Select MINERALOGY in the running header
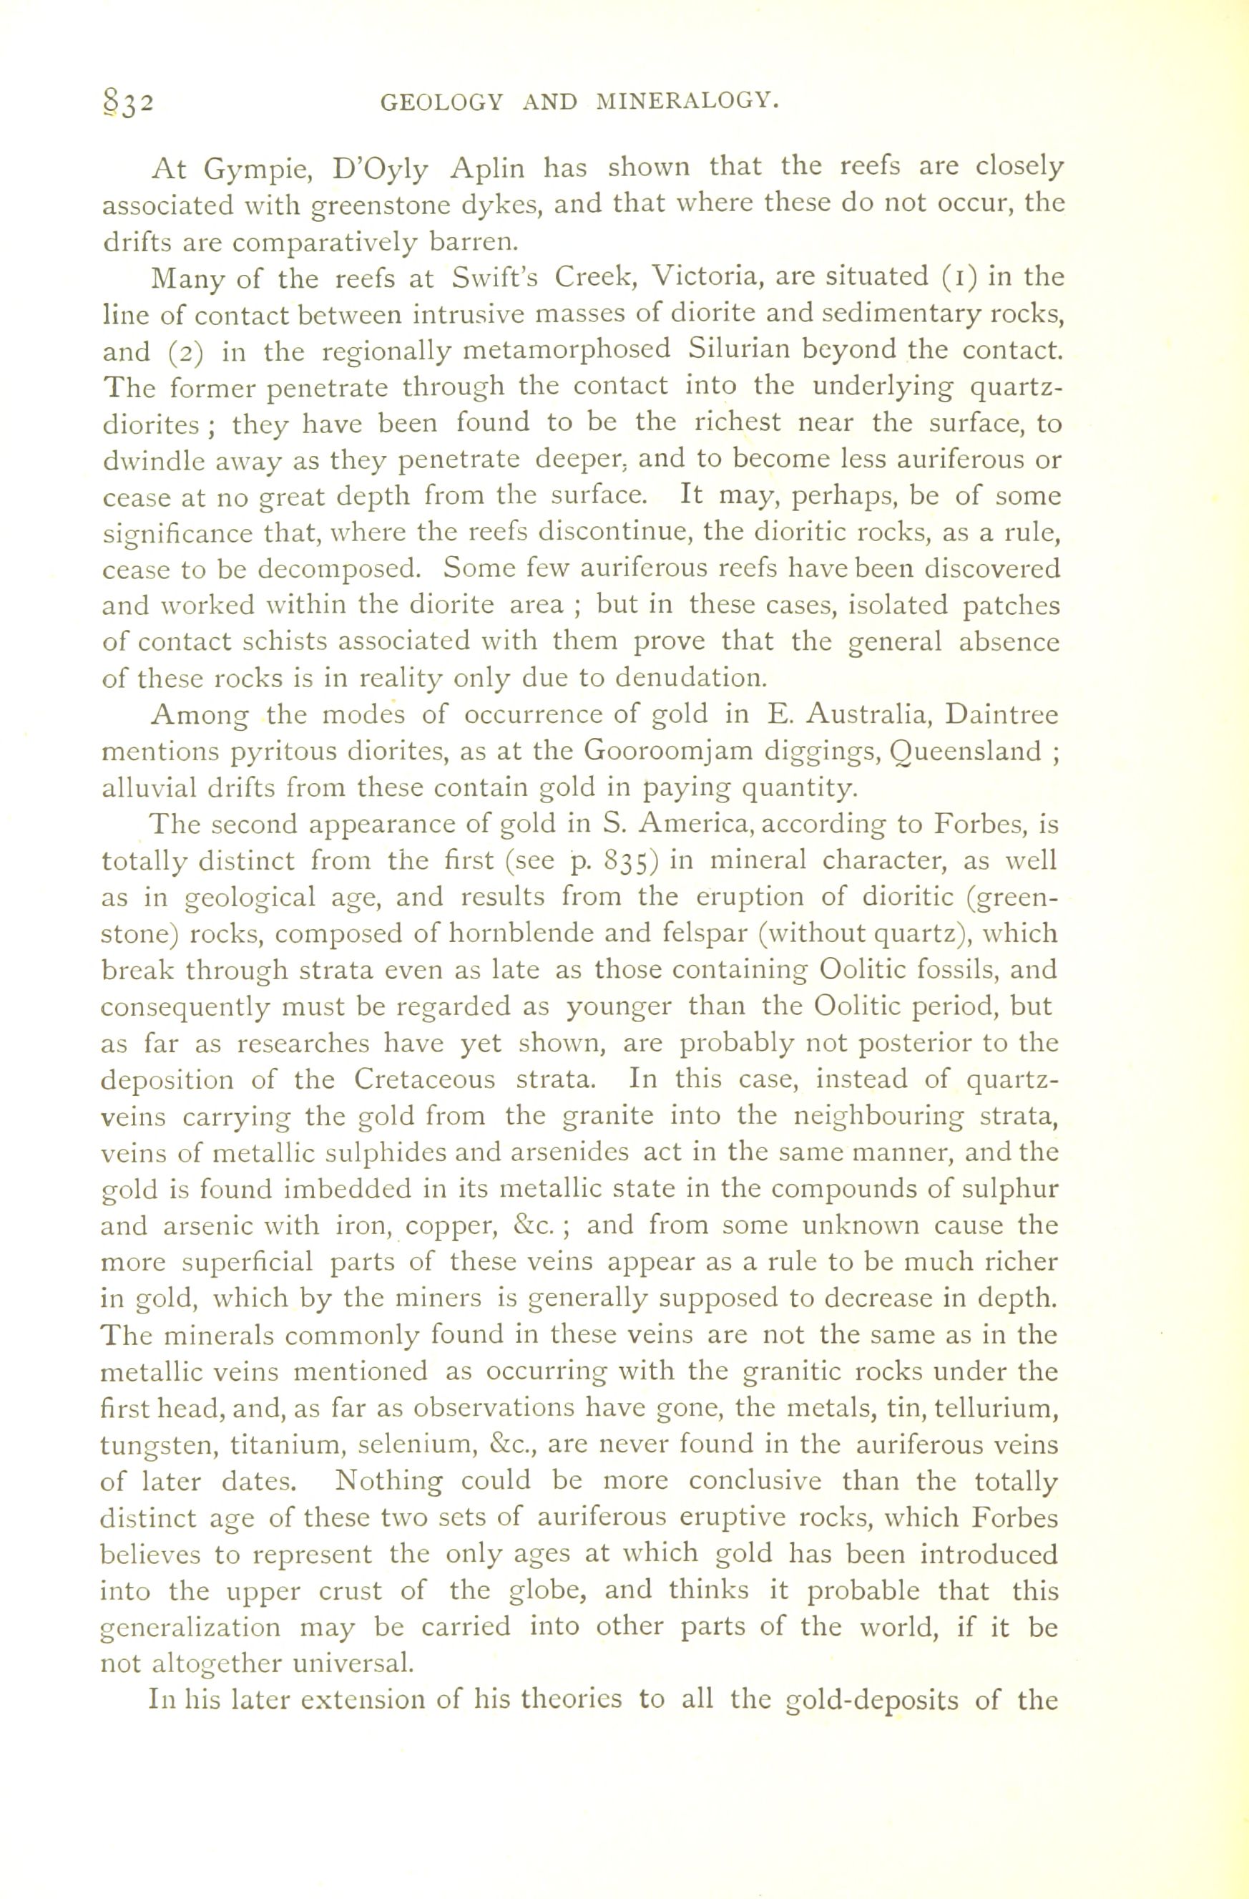[x=687, y=102]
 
